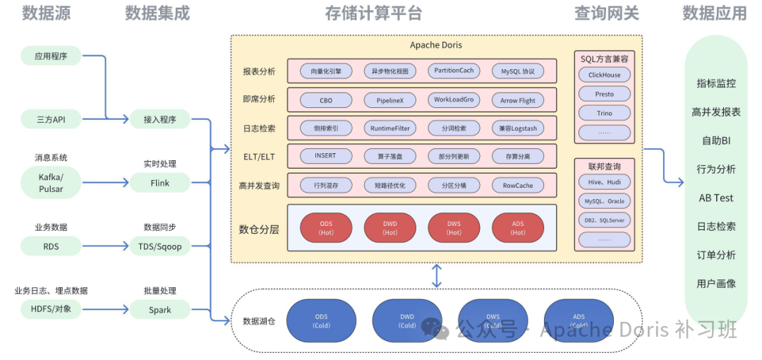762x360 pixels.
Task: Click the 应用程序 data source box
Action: [x=51, y=56]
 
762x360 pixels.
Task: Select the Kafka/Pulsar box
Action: [x=51, y=183]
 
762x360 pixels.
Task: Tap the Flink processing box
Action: [x=160, y=183]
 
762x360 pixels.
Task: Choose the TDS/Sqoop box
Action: [x=160, y=246]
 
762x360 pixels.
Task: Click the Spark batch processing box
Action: [x=160, y=310]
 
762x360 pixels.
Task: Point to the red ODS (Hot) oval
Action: [x=326, y=228]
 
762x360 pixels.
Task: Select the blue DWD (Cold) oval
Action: [x=407, y=321]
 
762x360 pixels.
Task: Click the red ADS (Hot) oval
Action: [x=518, y=228]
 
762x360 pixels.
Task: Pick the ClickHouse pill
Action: [x=605, y=75]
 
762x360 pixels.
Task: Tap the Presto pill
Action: [x=605, y=94]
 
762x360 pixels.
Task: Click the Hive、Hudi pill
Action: [x=605, y=182]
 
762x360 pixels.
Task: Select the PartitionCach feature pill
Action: [x=454, y=71]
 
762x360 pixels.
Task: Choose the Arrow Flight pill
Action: [x=518, y=100]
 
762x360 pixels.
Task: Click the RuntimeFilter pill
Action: [x=389, y=128]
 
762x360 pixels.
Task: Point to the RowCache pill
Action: [x=518, y=186]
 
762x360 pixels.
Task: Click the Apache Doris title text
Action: [x=436, y=45]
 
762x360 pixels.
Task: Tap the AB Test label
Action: [x=716, y=198]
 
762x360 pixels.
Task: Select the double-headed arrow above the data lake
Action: [x=437, y=275]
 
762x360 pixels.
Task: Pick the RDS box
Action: [x=51, y=246]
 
